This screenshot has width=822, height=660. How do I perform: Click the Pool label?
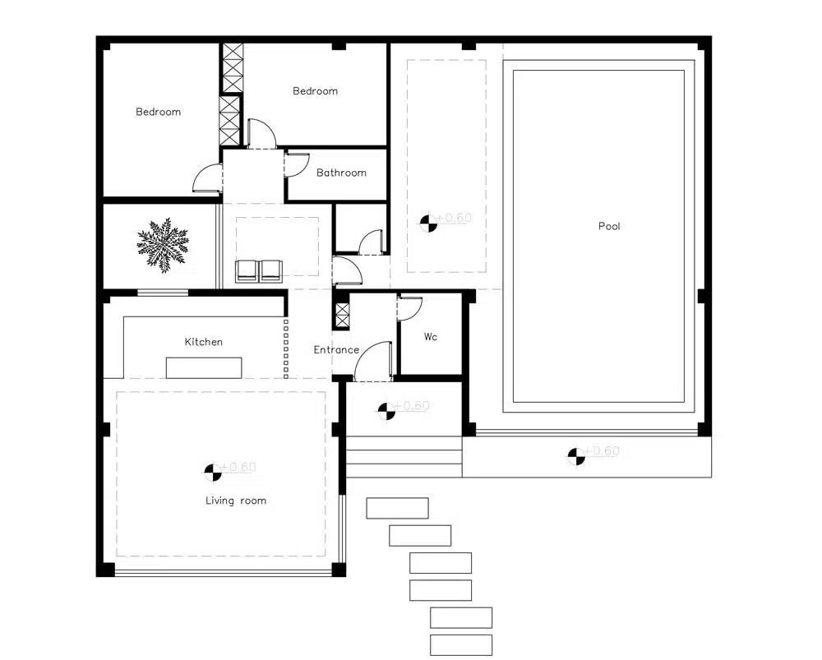(609, 226)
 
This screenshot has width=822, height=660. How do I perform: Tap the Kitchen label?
(203, 342)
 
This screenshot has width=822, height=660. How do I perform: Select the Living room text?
(235, 501)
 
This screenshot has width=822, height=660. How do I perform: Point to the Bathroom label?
(341, 173)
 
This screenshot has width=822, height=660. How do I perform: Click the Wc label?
(431, 336)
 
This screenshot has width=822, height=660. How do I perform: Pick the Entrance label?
(336, 349)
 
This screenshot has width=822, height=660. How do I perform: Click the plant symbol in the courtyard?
(163, 245)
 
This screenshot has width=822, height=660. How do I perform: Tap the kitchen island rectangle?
(204, 367)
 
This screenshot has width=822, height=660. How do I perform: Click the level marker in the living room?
(213, 472)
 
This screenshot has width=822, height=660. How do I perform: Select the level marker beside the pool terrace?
(576, 456)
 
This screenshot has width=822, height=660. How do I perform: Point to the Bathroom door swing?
(298, 164)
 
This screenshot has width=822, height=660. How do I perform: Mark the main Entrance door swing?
(373, 361)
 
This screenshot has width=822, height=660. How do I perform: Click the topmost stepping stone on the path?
(397, 508)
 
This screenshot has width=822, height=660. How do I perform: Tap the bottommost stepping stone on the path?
(461, 645)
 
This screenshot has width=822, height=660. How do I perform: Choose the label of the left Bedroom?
(159, 112)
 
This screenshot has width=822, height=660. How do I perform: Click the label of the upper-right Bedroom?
(315, 90)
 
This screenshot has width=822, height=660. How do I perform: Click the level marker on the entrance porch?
(387, 410)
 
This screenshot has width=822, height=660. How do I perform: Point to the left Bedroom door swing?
(208, 178)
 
